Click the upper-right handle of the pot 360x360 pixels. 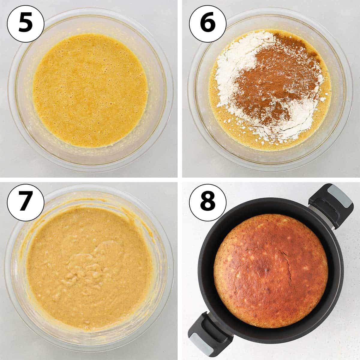click(x=331, y=205)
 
